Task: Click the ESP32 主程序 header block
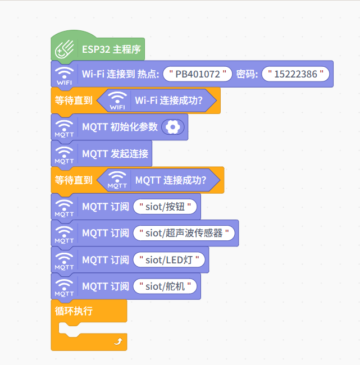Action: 111,49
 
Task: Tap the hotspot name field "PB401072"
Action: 201,74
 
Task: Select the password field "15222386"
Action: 295,74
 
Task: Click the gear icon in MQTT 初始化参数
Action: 172,127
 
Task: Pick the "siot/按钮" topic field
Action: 168,207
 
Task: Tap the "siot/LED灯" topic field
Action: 169,259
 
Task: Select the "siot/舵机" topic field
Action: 166,286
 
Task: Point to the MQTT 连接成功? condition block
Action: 170,180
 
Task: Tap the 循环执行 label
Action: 74,311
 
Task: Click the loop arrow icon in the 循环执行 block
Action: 117,341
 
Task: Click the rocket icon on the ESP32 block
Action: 65,50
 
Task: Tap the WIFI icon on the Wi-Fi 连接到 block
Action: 65,75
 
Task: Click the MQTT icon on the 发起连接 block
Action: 65,154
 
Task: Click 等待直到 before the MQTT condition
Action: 74,180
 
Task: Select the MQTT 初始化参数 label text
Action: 120,127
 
